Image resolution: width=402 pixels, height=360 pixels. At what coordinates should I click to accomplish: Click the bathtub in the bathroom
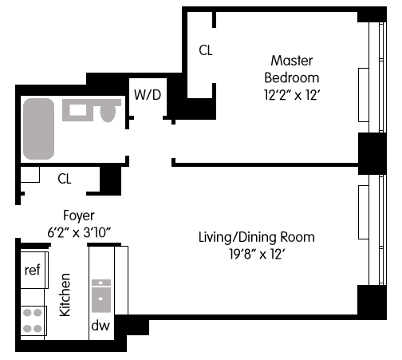tap(39, 129)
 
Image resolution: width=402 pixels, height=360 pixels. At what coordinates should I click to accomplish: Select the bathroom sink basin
tap(77, 110)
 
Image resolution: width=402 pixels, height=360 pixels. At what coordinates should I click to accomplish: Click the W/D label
tap(148, 95)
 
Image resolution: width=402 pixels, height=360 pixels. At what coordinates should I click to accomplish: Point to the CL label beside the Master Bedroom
tap(206, 50)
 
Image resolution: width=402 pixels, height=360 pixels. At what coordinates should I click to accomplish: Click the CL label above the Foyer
tap(65, 179)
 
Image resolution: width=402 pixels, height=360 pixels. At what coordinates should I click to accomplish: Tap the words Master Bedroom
tap(292, 69)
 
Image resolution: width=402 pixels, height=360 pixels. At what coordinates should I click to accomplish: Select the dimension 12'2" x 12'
tap(292, 95)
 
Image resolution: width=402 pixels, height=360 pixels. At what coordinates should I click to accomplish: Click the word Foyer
tap(79, 216)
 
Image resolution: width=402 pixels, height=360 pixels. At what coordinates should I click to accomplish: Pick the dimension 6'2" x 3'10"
tap(79, 232)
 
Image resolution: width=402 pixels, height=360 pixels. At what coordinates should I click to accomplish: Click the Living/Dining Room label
tap(257, 237)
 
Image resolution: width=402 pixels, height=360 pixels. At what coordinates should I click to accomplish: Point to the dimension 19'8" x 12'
tap(257, 255)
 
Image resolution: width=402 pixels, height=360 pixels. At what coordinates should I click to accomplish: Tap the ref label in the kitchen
tap(33, 270)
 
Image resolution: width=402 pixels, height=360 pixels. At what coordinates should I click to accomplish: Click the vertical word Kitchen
tap(65, 295)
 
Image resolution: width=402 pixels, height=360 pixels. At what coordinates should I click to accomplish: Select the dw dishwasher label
tap(100, 326)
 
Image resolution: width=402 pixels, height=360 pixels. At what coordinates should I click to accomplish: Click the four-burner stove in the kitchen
tap(33, 321)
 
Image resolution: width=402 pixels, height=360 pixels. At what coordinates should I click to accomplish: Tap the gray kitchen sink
tap(101, 295)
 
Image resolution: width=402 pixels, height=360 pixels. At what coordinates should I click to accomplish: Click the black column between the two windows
tap(372, 153)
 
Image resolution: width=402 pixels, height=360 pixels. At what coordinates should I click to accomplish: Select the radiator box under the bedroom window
tap(364, 95)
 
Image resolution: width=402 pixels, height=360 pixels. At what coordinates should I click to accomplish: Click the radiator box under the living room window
tap(364, 212)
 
